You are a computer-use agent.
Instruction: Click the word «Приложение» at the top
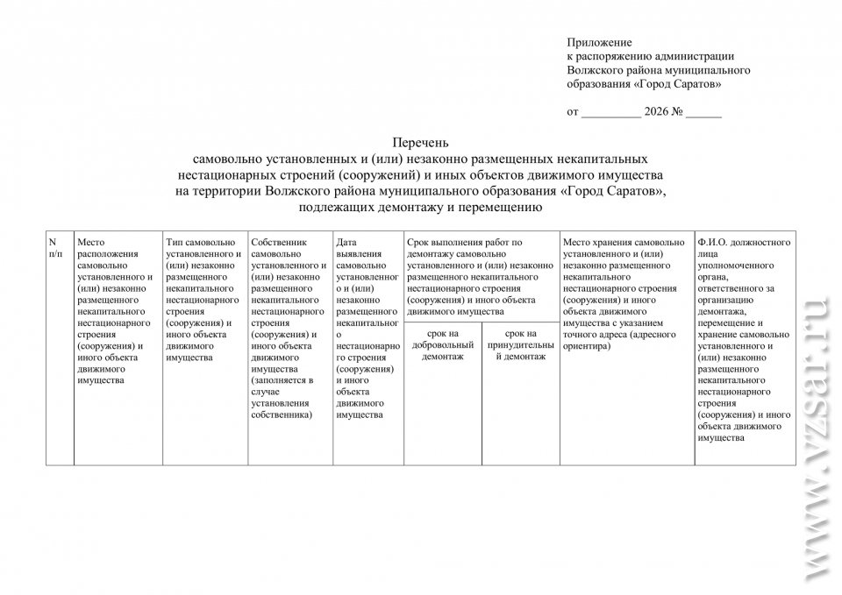pos(599,42)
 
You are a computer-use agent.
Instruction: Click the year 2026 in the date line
pos(656,112)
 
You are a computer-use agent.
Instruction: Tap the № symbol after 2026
pos(677,112)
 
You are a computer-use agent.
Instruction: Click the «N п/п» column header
pos(55,248)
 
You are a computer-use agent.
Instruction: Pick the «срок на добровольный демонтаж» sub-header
pos(442,345)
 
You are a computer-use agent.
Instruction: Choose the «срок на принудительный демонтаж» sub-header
pos(520,345)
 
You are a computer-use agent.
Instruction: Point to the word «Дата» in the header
pos(346,243)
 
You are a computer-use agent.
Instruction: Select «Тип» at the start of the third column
pos(175,243)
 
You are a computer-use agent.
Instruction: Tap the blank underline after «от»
pos(610,114)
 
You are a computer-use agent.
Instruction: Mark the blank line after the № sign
pos(703,114)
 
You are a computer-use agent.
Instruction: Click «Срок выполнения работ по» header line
pos(464,243)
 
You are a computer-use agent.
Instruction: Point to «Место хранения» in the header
pos(596,243)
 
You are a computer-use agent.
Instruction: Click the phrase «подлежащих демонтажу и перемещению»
pos(420,208)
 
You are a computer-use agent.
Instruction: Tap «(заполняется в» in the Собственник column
pos(282,380)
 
